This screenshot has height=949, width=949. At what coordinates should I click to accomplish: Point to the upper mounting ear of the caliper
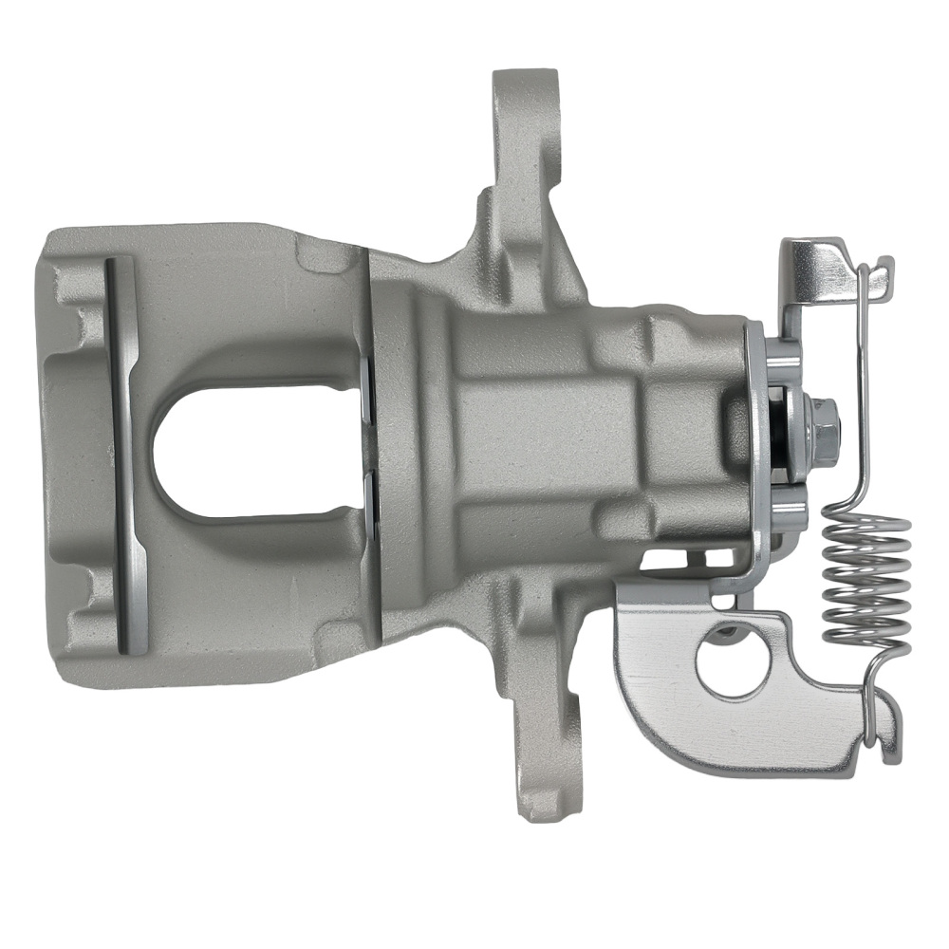(x=525, y=123)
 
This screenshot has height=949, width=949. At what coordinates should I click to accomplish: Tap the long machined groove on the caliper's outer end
(x=125, y=456)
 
